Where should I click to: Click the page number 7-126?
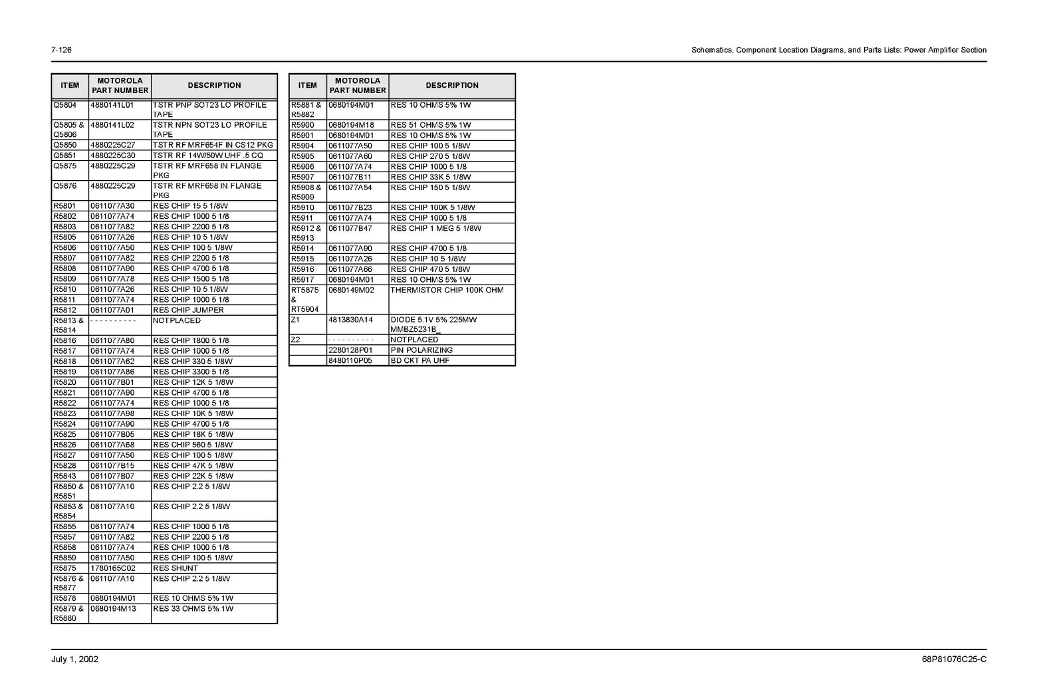tap(61, 51)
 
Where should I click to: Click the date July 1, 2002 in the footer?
tap(74, 659)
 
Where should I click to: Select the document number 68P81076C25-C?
tap(954, 659)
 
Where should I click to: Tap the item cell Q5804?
tap(65, 105)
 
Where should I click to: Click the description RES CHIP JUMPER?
tap(188, 310)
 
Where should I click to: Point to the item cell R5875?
tap(65, 568)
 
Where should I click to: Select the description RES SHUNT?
tap(176, 568)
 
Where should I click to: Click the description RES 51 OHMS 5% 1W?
tap(431, 125)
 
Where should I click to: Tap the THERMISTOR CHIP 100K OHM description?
tap(447, 290)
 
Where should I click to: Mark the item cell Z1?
tap(296, 320)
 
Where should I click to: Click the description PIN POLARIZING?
tap(421, 350)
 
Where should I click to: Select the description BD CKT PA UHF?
tap(420, 361)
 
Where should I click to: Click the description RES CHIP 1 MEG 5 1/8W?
tap(436, 229)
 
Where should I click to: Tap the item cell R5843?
tap(65, 476)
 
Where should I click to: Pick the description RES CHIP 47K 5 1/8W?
tap(193, 466)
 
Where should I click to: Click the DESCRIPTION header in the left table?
tap(214, 86)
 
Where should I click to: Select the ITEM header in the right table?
tap(307, 86)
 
